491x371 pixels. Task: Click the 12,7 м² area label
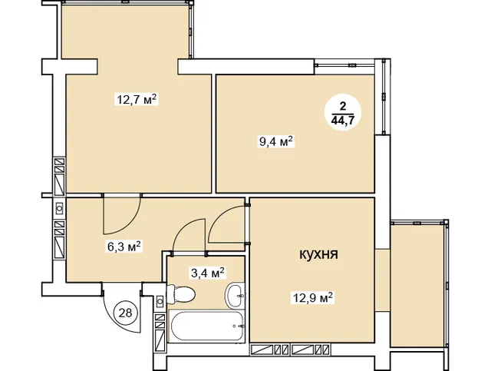coord(137,99)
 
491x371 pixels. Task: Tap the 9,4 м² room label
coord(276,142)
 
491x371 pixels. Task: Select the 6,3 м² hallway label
coord(124,247)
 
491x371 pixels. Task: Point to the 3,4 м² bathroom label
coord(208,273)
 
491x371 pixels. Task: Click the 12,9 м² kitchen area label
coord(312,297)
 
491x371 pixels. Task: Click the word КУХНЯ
coord(319,254)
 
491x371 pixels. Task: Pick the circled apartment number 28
coord(126,313)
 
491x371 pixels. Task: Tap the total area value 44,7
coord(343,120)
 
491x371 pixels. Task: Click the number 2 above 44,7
coord(343,106)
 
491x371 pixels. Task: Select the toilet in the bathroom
coord(181,294)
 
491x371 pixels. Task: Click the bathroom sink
coord(235,295)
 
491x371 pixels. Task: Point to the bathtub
coord(206,326)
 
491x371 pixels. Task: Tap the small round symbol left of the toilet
coord(160,302)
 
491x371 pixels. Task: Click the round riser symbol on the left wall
coord(59,207)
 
